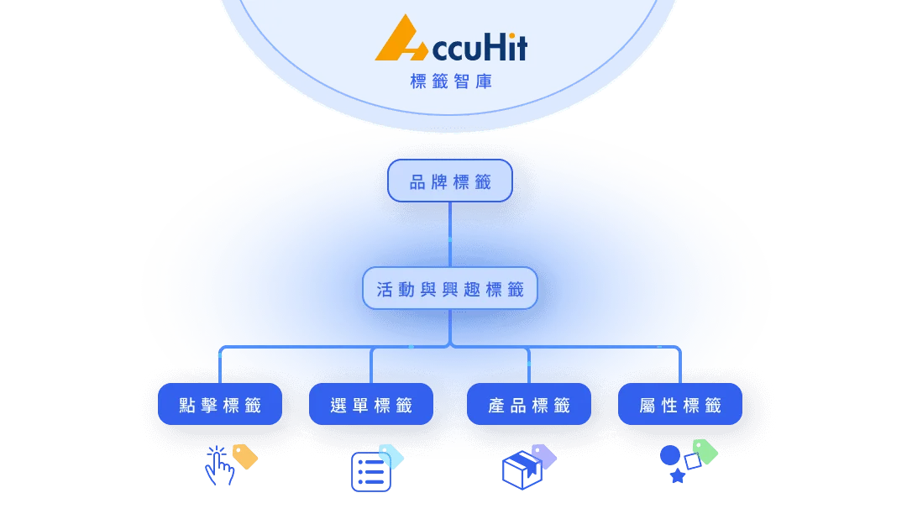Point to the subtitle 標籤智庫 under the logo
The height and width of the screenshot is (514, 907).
[451, 81]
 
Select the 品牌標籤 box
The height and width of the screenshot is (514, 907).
[450, 181]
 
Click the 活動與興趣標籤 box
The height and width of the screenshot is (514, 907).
[450, 289]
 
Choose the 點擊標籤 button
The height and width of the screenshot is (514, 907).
[220, 404]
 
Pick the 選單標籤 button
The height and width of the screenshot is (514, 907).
[371, 404]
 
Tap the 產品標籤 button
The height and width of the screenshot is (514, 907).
[529, 404]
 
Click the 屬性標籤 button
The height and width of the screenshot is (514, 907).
[679, 404]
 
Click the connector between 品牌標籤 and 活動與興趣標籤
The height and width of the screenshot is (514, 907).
[450, 234]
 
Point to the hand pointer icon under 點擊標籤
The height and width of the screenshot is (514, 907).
[218, 466]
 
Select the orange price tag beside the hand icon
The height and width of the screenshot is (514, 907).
[245, 457]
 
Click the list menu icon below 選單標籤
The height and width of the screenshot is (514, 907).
[371, 472]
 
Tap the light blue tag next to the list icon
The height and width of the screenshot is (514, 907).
[391, 456]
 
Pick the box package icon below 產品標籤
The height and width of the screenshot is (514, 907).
[522, 470]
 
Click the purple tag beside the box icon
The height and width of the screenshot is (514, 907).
[543, 456]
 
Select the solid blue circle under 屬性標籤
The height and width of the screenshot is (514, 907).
[670, 455]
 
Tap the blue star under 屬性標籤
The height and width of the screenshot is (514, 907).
[678, 476]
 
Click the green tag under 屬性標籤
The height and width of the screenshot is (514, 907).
[705, 452]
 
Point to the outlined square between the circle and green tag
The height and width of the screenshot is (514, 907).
[692, 461]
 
